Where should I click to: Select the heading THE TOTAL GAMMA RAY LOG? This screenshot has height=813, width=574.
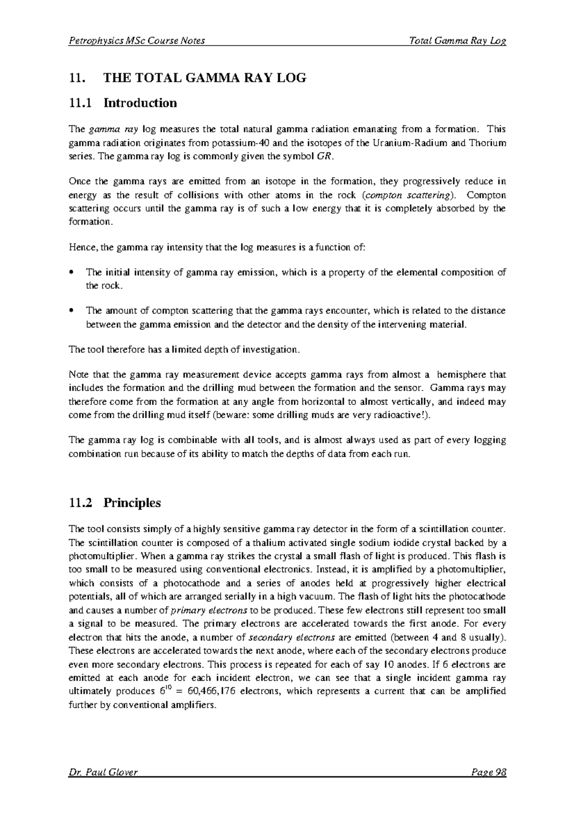(x=205, y=78)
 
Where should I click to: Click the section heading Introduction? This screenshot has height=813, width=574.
(x=140, y=103)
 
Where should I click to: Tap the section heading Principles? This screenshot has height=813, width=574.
(x=132, y=503)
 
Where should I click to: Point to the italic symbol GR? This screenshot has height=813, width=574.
(x=323, y=157)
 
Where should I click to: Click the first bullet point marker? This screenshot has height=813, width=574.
(x=71, y=272)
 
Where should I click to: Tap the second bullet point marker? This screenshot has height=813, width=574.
(x=71, y=311)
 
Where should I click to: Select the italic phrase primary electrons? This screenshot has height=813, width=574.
(x=209, y=610)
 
